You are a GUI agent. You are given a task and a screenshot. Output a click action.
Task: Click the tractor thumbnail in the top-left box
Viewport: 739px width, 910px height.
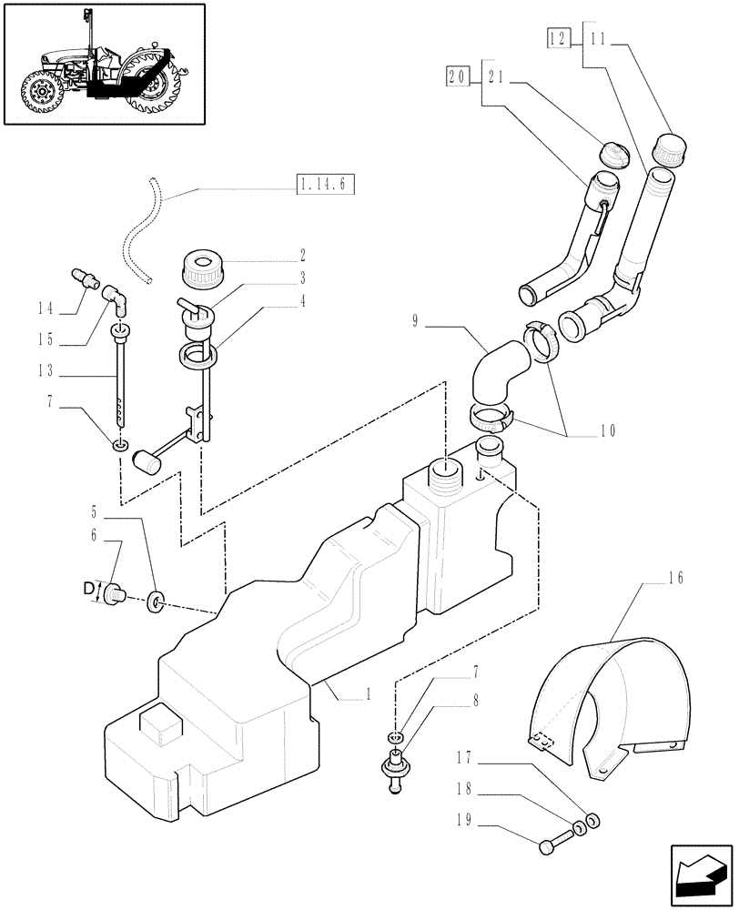coord(104,64)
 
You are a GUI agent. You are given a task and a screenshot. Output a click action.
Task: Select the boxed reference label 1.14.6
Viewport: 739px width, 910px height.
coord(324,187)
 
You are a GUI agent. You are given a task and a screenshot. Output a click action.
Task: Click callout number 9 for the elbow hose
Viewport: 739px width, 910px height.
coord(415,321)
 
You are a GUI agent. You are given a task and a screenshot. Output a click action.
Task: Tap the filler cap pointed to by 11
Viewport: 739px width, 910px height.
coord(671,148)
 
